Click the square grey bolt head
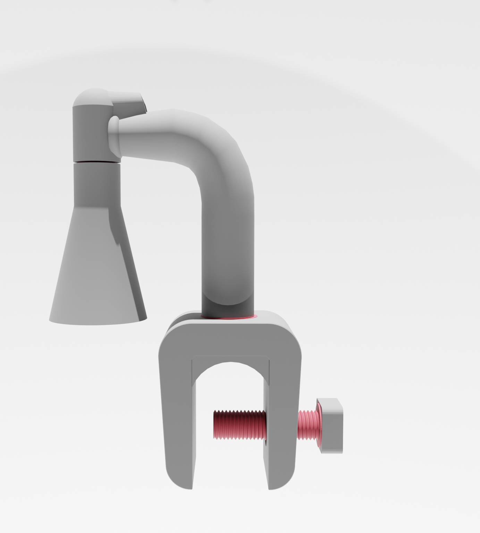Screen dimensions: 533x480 (332, 425)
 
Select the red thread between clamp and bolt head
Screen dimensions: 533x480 (307, 425)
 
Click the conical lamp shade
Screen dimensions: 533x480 (97, 271)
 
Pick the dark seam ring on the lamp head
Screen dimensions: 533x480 (95, 162)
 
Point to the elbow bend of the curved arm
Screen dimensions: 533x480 (222, 149)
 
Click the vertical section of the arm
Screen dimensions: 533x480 (228, 250)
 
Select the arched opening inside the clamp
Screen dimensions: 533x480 (230, 385)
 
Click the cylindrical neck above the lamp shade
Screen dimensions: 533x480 (96, 184)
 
